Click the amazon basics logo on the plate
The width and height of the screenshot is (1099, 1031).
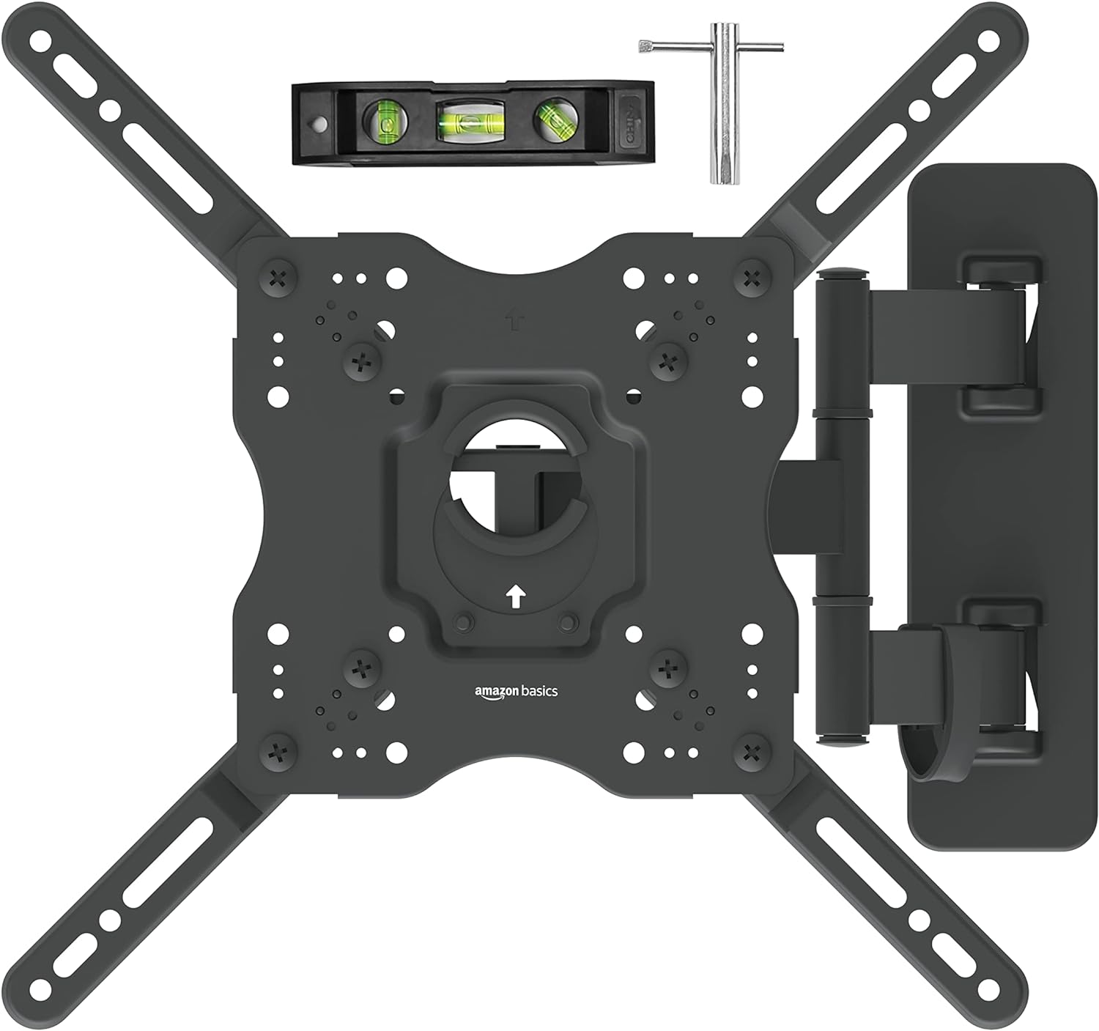coord(516,691)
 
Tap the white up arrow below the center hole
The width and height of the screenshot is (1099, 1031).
coord(516,597)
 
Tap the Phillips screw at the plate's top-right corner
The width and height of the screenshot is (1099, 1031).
coord(750,278)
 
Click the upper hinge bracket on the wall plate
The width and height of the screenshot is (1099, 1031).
coord(1002,334)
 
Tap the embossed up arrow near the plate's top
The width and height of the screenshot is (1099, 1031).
coord(516,320)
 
